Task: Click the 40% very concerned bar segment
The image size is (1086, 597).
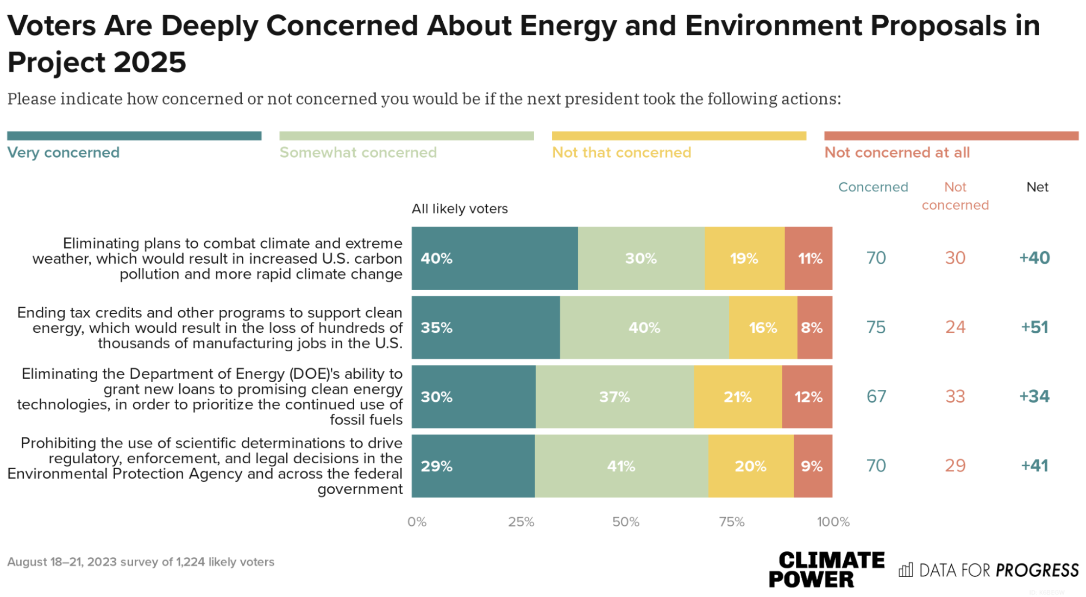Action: tap(494, 258)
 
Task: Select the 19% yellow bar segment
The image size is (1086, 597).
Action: tap(744, 258)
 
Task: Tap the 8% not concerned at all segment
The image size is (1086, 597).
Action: tap(814, 327)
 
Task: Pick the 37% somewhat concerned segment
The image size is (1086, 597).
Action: tap(614, 397)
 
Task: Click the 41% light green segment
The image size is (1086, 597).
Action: tap(621, 466)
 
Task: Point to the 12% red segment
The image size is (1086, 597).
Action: tap(807, 397)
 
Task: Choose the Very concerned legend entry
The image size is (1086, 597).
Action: tap(64, 152)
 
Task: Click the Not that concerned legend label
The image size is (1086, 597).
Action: tap(622, 152)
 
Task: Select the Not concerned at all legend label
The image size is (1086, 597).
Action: tap(896, 152)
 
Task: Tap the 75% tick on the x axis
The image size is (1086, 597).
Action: tap(731, 522)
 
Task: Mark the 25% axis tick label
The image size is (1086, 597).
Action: tap(521, 522)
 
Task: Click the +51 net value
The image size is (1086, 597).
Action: tap(1034, 327)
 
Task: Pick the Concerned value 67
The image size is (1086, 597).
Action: tap(876, 396)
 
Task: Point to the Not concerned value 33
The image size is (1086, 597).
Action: tap(955, 396)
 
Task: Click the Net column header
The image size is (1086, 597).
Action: tap(1037, 187)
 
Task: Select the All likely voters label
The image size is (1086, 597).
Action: tap(460, 209)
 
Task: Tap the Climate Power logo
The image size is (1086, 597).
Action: tap(826, 569)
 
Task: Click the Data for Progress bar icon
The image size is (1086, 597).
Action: tap(906, 570)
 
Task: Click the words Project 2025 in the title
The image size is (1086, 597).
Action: tap(97, 62)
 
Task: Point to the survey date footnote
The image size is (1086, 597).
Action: tap(141, 562)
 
